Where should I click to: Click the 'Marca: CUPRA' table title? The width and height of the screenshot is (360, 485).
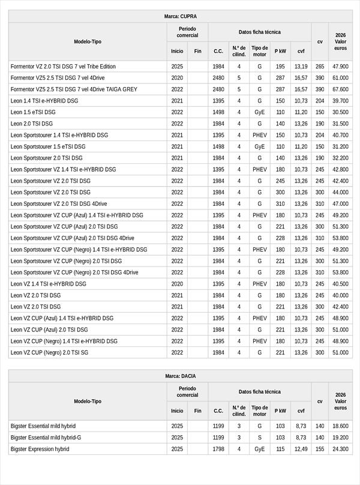point(180,16)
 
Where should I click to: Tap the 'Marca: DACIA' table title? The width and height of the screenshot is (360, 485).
point(180,376)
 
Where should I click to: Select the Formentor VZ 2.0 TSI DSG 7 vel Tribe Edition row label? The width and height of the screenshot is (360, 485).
point(63,67)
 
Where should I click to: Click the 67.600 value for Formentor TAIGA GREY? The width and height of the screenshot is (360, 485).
point(340,89)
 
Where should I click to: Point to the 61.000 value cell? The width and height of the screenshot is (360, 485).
point(340,78)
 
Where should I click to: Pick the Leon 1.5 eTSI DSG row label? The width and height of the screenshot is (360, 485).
point(33,112)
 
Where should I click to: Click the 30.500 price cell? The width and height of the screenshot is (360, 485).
point(340,112)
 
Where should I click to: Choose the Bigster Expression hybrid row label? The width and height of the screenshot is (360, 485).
point(40,449)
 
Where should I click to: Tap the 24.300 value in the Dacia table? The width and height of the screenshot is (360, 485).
point(340,449)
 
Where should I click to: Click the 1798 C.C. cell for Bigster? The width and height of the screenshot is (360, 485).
point(218,449)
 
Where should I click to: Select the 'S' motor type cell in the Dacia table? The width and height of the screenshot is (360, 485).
point(260,438)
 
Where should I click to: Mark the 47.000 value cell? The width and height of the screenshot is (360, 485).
point(340,203)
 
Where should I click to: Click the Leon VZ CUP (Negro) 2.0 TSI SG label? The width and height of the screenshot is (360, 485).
point(49,352)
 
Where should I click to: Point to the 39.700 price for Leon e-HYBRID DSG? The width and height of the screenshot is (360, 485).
point(340,101)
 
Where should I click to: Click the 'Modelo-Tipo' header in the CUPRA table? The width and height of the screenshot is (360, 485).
point(88,41)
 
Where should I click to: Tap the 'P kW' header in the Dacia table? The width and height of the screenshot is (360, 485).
point(280,411)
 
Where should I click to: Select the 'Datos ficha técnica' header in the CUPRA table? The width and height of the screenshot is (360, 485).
point(259,32)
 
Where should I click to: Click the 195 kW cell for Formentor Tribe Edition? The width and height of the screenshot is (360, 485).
point(280,67)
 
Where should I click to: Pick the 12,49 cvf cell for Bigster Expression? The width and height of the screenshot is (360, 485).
point(301,449)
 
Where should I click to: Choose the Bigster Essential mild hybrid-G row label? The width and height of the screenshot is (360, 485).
point(46,438)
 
